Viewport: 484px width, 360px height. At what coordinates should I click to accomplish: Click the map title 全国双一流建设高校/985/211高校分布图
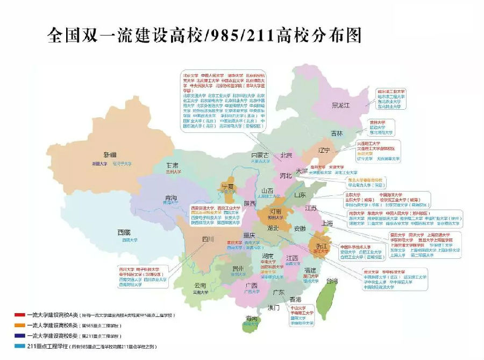tap(204, 36)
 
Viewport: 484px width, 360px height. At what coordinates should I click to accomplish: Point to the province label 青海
tap(170, 196)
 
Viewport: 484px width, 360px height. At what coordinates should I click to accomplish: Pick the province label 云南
tap(200, 286)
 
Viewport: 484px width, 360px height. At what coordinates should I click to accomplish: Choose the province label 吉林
tap(337, 133)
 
